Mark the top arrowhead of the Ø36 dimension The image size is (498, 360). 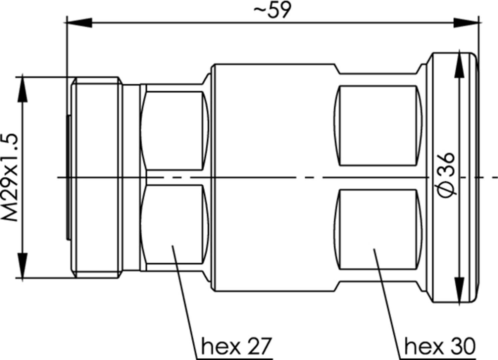[x=459, y=65]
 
